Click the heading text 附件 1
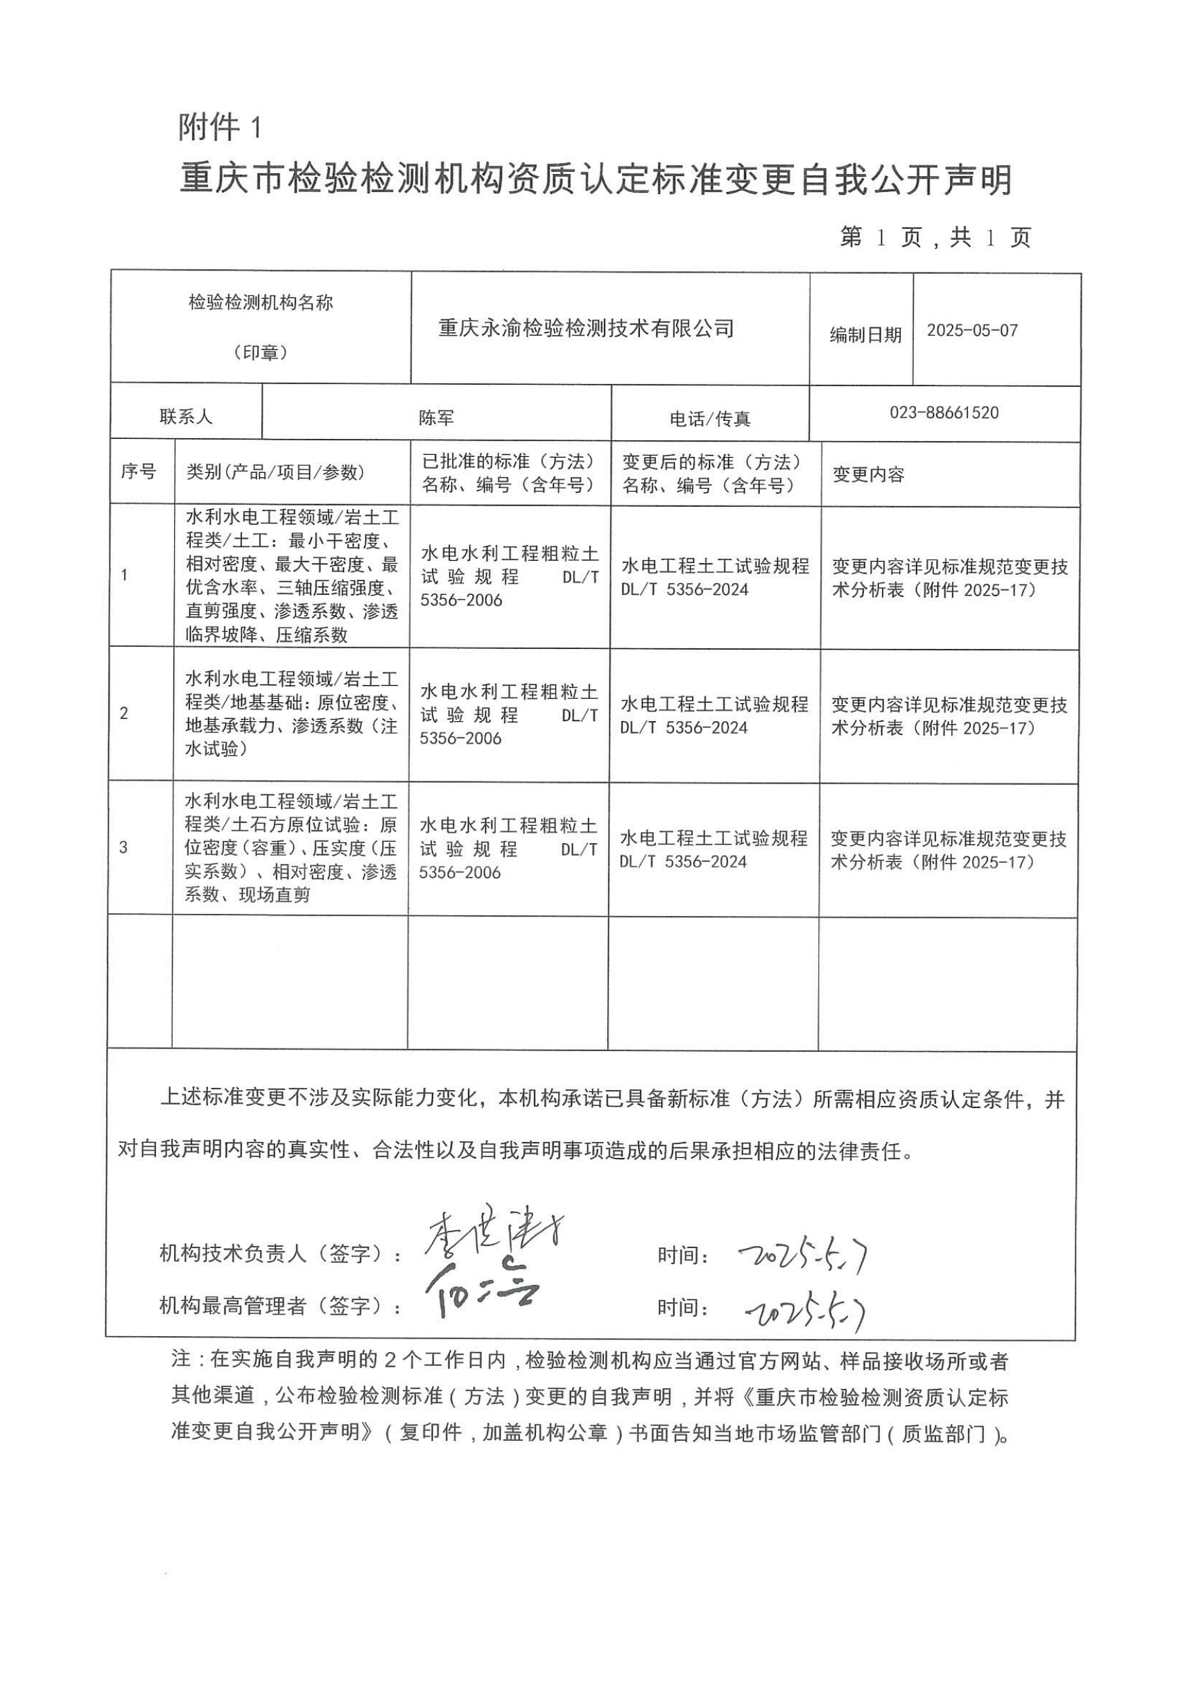point(220,128)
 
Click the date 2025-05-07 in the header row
point(972,330)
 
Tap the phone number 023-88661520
point(944,413)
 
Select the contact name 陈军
point(436,418)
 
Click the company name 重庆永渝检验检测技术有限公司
point(586,328)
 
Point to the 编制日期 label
point(865,335)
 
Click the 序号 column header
point(138,472)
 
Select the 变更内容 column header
point(868,474)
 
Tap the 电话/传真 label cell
point(709,419)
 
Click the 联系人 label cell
point(186,417)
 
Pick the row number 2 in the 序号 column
point(123,713)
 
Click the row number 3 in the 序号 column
point(123,847)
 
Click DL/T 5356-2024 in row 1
point(684,589)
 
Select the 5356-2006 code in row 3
point(460,872)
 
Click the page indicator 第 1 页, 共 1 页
point(935,237)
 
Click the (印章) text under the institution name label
point(260,353)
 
